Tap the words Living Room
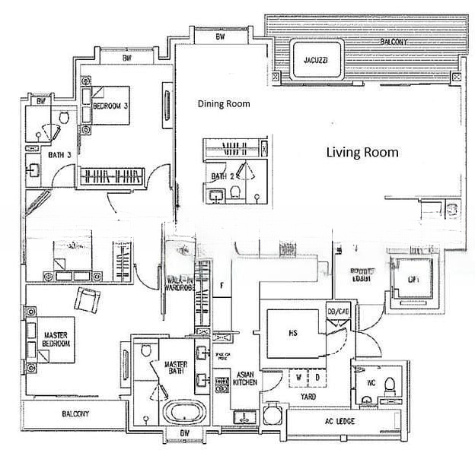click(x=362, y=153)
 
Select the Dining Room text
click(x=224, y=104)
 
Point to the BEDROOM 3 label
click(x=110, y=106)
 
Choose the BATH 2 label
click(x=220, y=176)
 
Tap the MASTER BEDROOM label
click(x=56, y=339)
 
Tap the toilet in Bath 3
click(x=65, y=119)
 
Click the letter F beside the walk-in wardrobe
click(x=222, y=286)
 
